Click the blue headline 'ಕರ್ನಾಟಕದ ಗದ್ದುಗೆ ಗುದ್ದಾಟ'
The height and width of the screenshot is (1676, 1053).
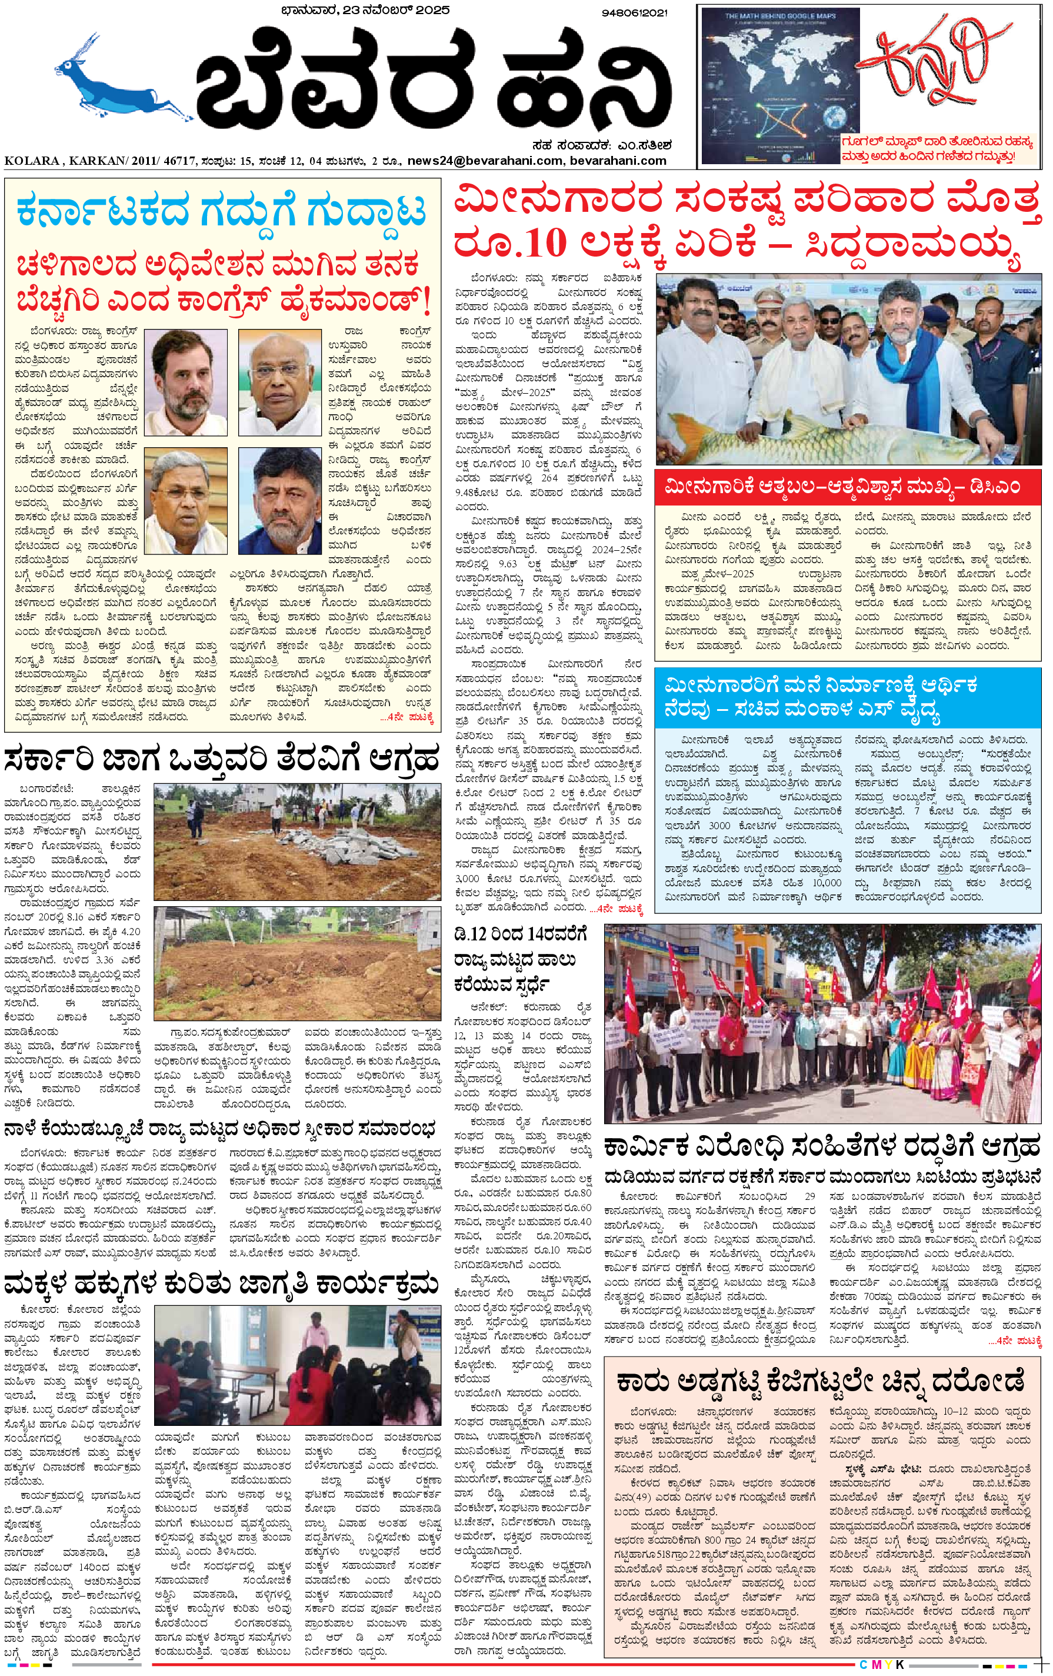click(221, 209)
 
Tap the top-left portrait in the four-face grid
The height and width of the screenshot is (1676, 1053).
click(186, 383)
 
